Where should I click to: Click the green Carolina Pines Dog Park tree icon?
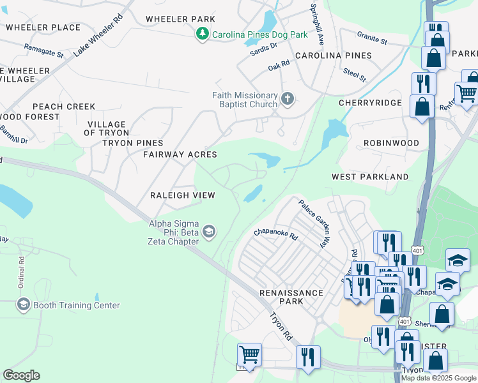pos(203,33)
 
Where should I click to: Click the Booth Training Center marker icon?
pos(23,304)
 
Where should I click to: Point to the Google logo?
pos(21,375)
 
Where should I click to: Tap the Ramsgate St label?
pos(43,50)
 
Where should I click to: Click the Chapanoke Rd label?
pos(276,235)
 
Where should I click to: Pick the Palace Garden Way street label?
pos(316,223)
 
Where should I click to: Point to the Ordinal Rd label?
pos(21,271)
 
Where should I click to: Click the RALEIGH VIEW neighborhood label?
pos(183,195)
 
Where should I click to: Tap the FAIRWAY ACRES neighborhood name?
pos(180,154)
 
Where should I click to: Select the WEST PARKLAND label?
pos(370,176)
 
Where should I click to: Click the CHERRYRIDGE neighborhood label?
pos(370,102)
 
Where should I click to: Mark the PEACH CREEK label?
pos(64,107)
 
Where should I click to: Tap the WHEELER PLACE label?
pos(43,27)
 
